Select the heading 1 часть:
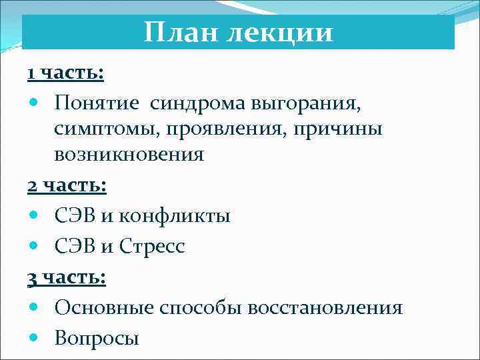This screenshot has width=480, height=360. pos(65,72)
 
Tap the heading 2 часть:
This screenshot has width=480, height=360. pos(67,185)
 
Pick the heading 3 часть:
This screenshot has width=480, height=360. pos(67,277)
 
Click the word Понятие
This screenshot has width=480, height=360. pos(98,103)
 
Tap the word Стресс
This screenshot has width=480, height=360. pos(153,247)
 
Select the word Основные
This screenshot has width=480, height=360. pos(105,308)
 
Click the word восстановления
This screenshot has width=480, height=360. pos(325,308)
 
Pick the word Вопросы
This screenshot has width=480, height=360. pos(97,339)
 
